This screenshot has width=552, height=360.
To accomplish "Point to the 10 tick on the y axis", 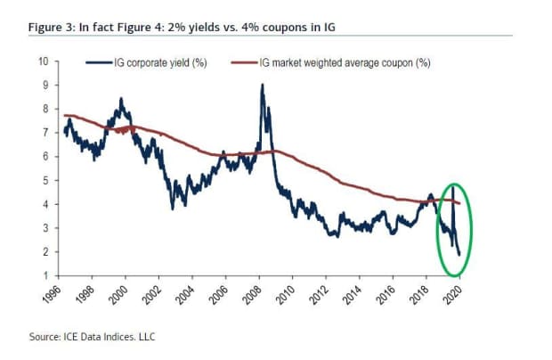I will (x=43, y=61).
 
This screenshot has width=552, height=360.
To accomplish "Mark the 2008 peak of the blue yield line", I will (x=261, y=85).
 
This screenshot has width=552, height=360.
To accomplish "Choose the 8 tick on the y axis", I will (x=45, y=109).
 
